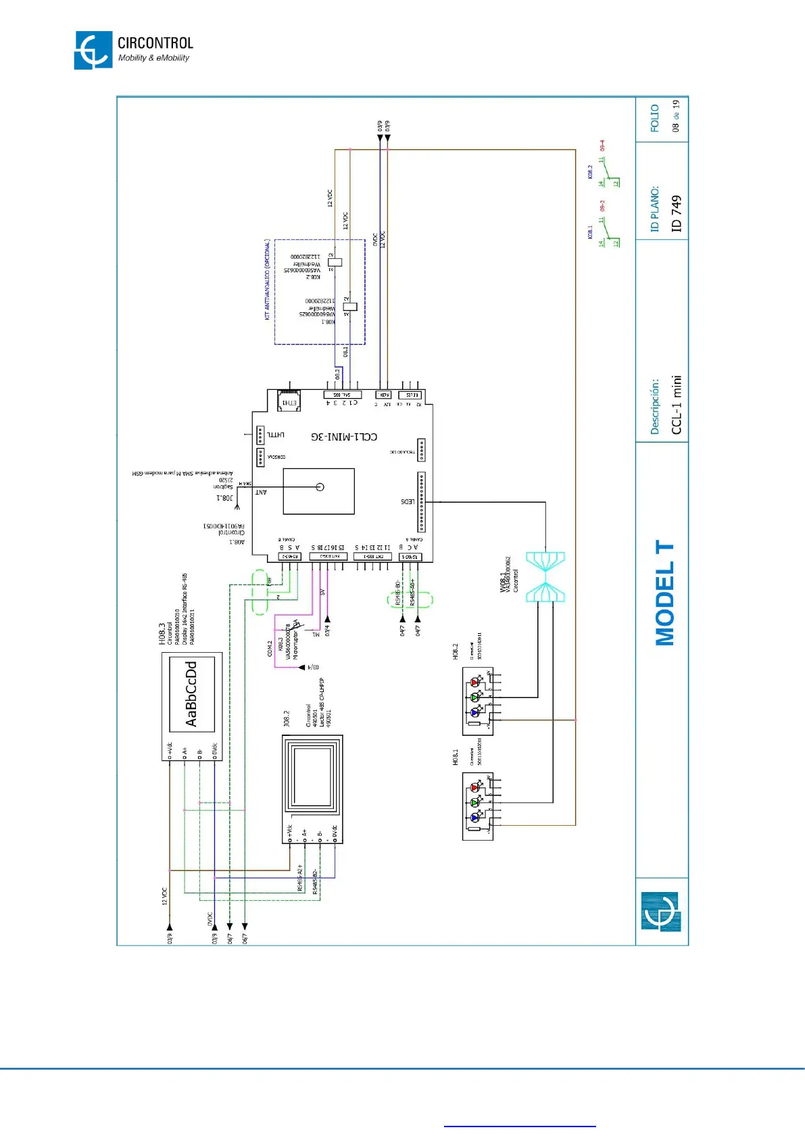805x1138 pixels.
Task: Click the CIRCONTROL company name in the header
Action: (x=155, y=43)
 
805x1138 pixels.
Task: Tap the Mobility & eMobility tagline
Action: (x=153, y=58)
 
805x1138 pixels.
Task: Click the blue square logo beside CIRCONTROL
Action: (x=93, y=50)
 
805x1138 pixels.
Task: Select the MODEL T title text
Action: (x=664, y=593)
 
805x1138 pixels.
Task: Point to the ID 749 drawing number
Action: (x=676, y=214)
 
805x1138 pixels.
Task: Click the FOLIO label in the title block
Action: (x=654, y=118)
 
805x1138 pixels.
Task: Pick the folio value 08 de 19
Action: (x=676, y=116)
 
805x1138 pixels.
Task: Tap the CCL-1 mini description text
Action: (x=676, y=404)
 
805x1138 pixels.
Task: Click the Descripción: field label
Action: (x=654, y=406)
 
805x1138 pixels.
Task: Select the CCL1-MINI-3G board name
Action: (x=344, y=437)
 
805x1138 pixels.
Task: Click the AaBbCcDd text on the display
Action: (x=191, y=693)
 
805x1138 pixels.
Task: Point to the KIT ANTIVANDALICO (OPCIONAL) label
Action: (x=268, y=279)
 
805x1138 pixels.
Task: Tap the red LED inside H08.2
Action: (x=474, y=683)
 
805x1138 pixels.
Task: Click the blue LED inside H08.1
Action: (x=474, y=818)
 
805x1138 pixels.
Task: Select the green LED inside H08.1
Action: (x=474, y=803)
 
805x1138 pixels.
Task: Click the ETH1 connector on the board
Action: (x=289, y=401)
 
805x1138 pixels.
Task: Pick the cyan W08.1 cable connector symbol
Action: (x=545, y=576)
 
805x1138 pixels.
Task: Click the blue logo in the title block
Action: (x=660, y=912)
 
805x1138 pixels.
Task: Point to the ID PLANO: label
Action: (x=654, y=209)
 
